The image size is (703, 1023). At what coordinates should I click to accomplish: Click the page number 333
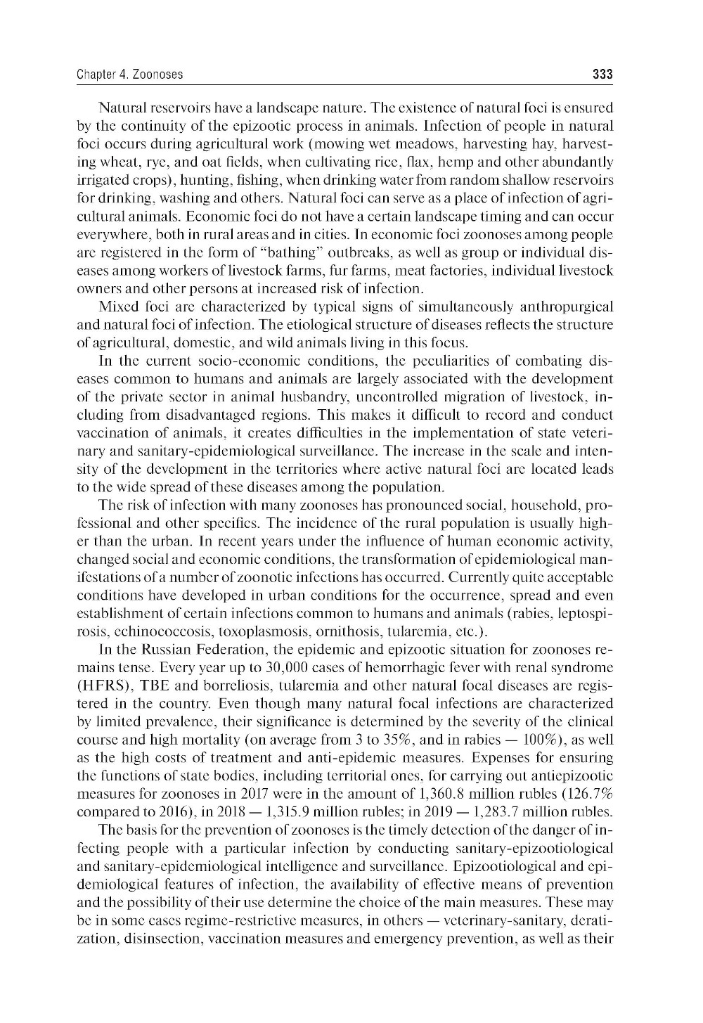click(x=602, y=74)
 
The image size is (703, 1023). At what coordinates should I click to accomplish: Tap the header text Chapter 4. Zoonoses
click(x=129, y=74)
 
